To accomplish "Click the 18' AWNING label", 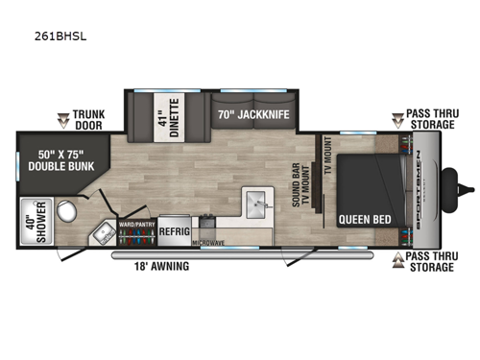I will [161, 267].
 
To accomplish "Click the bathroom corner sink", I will [103, 233].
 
